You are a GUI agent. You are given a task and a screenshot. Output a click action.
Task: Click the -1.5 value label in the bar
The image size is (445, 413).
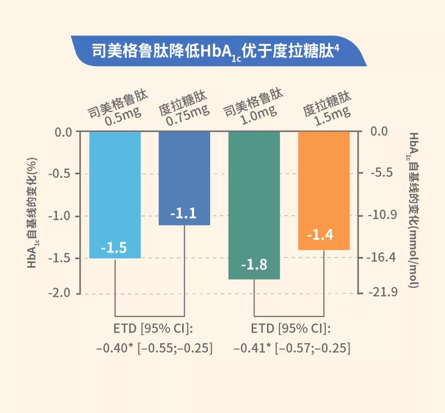114,248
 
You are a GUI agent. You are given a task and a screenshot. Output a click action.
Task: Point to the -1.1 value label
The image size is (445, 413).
184,214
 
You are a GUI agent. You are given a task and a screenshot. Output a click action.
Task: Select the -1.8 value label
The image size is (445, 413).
254,265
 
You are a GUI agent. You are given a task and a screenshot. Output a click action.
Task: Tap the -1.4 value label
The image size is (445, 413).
320,235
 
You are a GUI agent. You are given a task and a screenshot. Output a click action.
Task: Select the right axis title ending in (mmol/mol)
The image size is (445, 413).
412,210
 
